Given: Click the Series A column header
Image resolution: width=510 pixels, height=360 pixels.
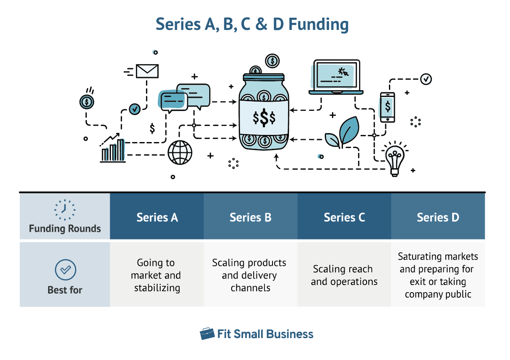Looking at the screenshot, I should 157,217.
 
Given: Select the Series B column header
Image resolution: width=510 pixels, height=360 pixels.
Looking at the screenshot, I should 251,217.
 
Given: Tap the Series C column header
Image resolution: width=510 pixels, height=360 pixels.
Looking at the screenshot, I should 344,217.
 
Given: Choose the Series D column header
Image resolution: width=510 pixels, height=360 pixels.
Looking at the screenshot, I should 438,217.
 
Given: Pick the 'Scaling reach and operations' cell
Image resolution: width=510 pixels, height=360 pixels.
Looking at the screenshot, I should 344,275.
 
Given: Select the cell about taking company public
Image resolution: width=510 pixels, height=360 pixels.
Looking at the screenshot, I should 438,275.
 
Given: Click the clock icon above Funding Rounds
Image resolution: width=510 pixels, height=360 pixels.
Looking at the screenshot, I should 65,210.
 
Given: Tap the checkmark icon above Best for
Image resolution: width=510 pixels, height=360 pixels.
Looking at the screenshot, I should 65,270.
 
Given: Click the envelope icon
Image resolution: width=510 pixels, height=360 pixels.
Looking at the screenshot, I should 147,71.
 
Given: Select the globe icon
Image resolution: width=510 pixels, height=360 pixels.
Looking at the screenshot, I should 180,152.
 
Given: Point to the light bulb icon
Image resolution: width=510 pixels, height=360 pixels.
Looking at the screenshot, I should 394,159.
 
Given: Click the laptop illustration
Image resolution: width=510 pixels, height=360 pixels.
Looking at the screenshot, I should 336,77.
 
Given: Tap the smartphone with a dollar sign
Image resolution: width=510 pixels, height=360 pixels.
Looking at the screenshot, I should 387,107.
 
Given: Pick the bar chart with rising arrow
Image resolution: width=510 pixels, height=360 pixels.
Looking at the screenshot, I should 113,148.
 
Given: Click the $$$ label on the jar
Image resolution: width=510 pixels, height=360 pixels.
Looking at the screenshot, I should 264,118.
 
